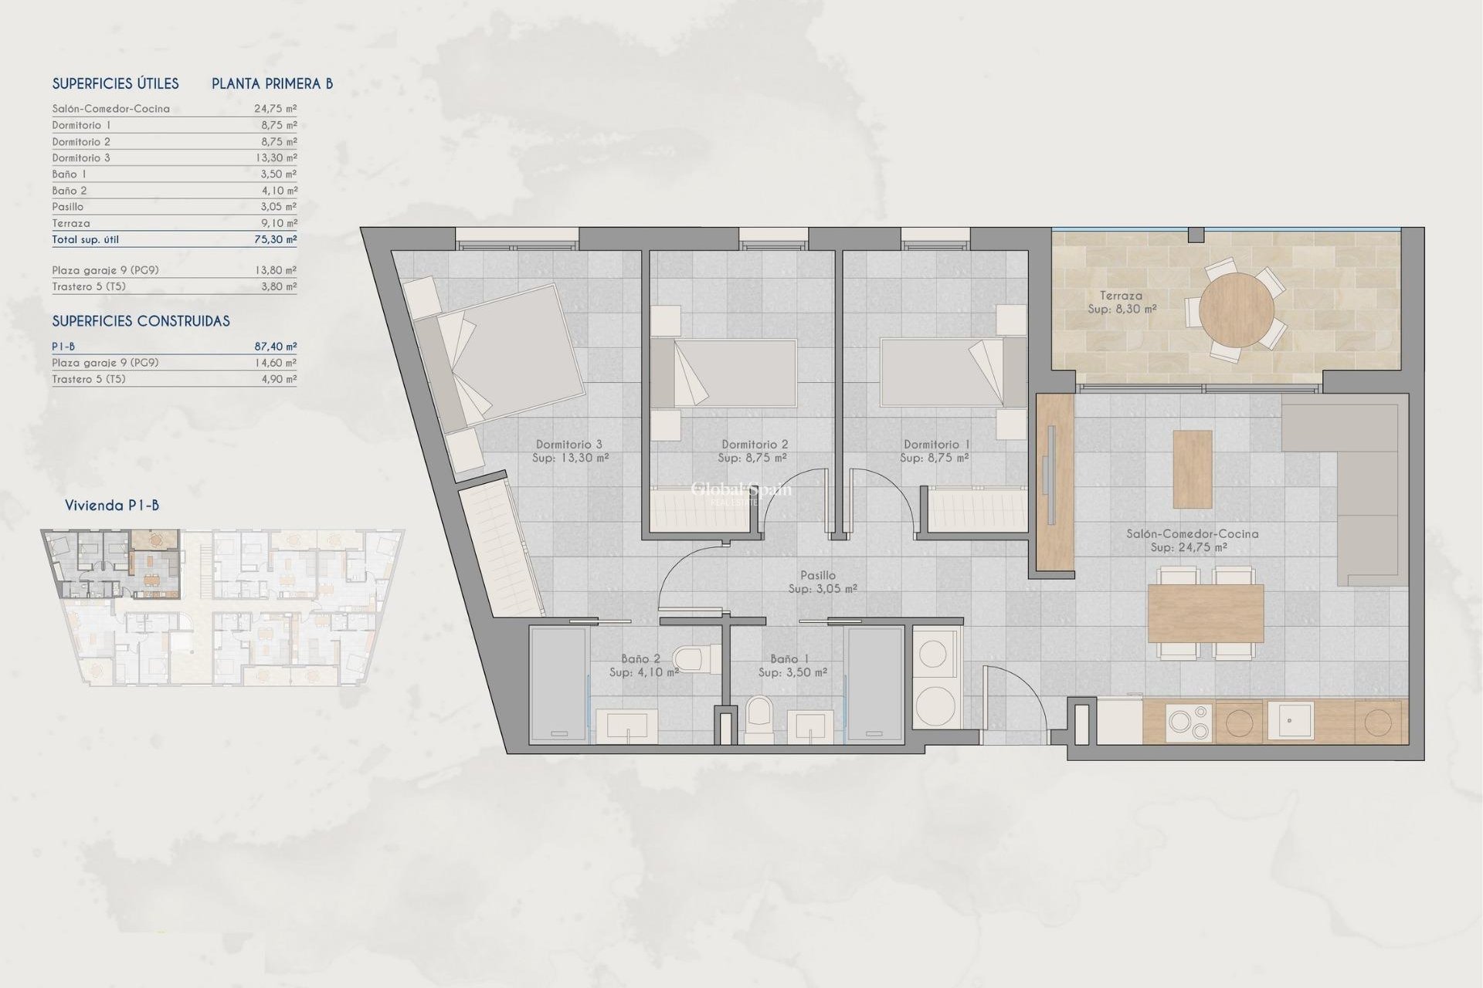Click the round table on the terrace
(x=1237, y=310)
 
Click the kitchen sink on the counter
(x=1289, y=720)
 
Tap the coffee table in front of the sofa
(x=1192, y=469)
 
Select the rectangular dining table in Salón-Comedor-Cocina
(x=1205, y=614)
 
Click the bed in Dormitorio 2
(x=724, y=373)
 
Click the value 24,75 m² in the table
(x=276, y=109)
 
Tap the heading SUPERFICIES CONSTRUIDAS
(x=141, y=321)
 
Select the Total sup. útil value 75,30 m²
(x=276, y=239)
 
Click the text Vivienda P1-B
(x=112, y=506)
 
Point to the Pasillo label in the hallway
(x=818, y=575)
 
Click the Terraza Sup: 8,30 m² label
(x=1122, y=302)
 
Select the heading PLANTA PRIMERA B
(x=272, y=83)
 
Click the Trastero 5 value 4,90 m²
(x=279, y=379)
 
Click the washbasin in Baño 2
(x=627, y=726)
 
